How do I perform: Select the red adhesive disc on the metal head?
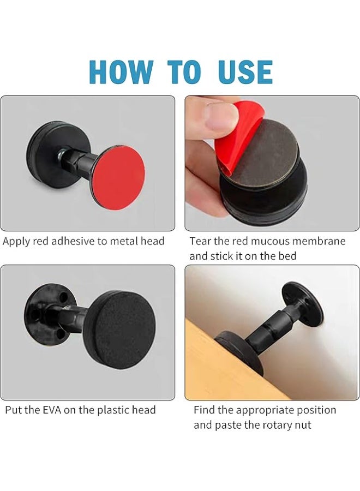[119, 177]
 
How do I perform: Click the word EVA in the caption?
[52, 410]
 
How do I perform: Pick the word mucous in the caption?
[270, 241]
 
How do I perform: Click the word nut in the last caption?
[303, 425]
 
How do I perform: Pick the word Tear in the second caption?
[200, 241]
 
